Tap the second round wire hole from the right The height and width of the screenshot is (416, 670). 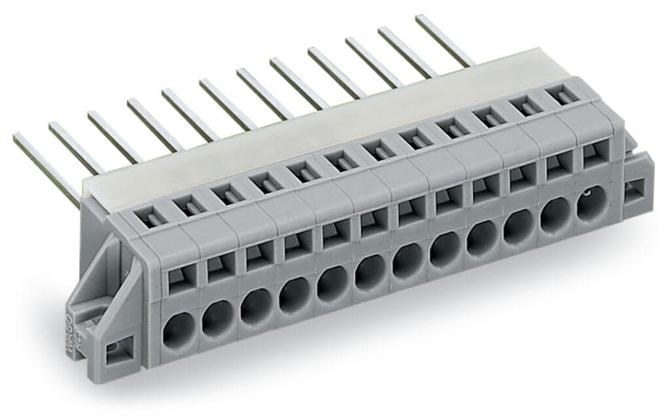tap(555, 211)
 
